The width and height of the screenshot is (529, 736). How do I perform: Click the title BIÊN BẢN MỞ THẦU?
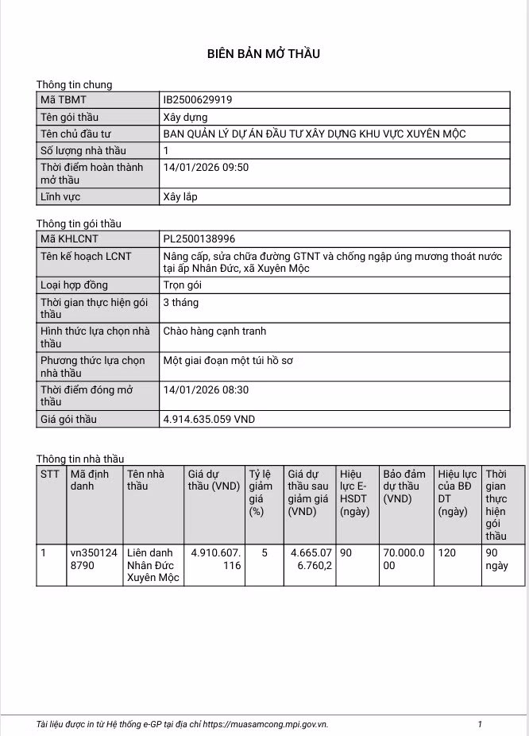pos(264,54)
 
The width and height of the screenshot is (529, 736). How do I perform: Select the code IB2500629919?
pos(198,100)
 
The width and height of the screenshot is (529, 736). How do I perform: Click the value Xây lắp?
pos(180,196)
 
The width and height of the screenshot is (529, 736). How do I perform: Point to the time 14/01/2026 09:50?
pos(206,168)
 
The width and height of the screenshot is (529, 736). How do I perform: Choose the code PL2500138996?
pos(199,238)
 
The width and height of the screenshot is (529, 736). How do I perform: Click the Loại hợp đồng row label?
pos(74,285)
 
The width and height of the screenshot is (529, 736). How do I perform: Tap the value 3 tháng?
pos(181,303)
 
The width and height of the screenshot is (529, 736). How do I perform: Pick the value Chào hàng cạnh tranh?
pos(214,331)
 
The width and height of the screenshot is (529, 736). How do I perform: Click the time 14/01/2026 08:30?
pos(206,390)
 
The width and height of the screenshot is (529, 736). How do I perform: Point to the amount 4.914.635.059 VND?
pos(209,419)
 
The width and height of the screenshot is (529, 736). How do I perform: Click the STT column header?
pos(50,474)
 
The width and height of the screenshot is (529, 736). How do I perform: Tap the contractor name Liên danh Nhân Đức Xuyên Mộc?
pos(153,565)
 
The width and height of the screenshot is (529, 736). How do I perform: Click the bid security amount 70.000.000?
pos(404,559)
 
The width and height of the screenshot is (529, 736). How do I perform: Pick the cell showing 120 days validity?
pos(447,552)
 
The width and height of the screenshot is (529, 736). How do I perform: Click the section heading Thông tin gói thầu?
pos(79,224)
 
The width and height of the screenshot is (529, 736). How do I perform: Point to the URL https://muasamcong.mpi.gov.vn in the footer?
pos(265,725)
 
